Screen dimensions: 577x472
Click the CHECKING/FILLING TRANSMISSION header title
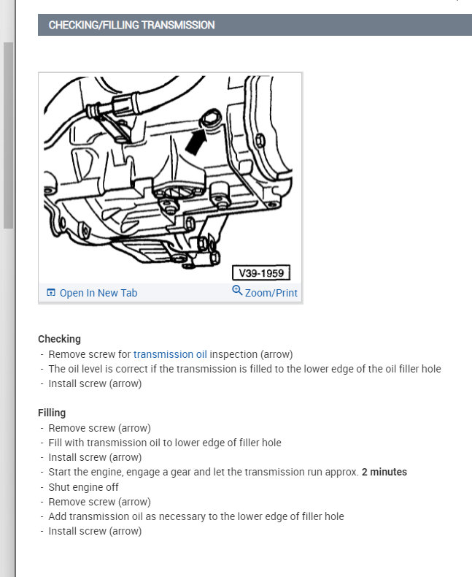pos(131,25)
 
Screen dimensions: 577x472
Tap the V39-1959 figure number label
pos(260,274)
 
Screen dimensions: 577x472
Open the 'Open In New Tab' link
pos(98,293)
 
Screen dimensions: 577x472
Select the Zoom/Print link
pos(271,293)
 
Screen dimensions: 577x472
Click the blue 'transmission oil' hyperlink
pos(170,354)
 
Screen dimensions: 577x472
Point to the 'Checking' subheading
pos(59,339)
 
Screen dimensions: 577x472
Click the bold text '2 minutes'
pos(384,472)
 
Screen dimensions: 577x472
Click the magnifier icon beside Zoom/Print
pos(236,291)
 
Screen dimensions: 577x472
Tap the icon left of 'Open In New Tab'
pos(51,293)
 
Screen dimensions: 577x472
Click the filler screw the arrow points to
pos(212,117)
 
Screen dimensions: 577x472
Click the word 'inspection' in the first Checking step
pos(233,354)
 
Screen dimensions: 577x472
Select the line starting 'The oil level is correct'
pos(244,369)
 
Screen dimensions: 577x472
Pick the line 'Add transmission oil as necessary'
pos(196,516)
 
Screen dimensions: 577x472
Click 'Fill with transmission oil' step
pos(164,443)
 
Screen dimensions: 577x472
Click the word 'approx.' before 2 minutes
pos(341,472)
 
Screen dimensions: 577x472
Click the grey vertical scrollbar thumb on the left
pos(8,135)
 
